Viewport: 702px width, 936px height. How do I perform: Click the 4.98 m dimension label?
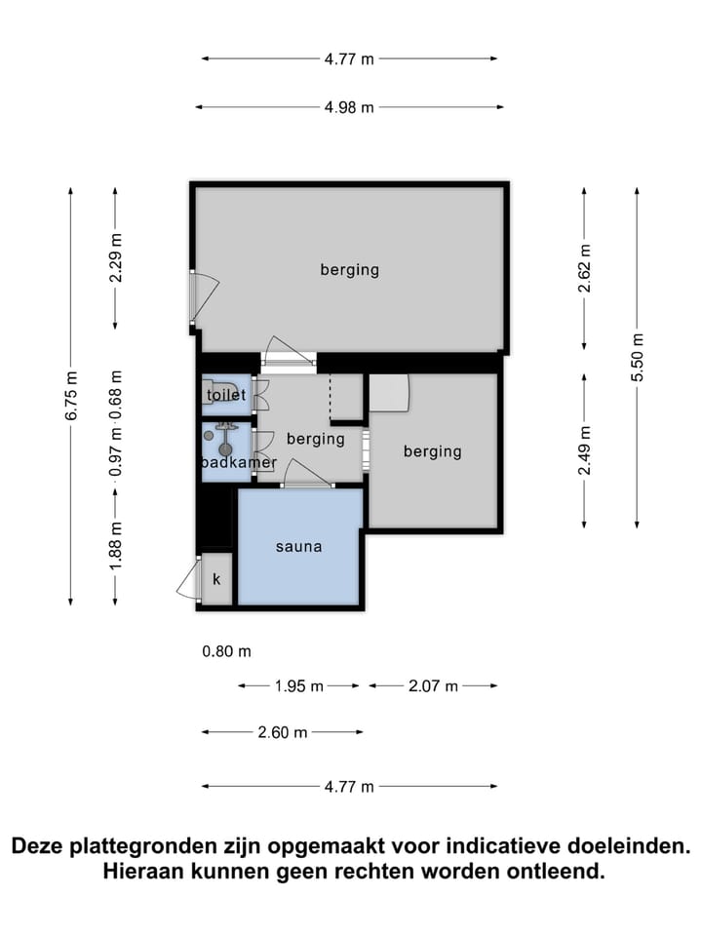pos(349,107)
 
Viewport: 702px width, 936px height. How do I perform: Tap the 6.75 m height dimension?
pos(71,396)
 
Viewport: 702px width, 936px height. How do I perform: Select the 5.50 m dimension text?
pos(638,358)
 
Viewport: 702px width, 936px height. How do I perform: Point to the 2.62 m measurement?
pos(584,268)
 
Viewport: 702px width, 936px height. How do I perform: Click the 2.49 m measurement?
pos(584,450)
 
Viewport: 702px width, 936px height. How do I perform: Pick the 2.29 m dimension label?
pos(115,257)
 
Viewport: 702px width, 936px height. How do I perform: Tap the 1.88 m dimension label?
pos(115,545)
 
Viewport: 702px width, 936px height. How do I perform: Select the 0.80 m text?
pos(227,651)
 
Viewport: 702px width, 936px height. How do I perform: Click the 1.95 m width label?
pos(299,686)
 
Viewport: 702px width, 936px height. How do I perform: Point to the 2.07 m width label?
pos(433,686)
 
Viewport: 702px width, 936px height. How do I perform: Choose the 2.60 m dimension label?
pos(283,732)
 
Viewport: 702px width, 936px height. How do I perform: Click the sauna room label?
pos(299,547)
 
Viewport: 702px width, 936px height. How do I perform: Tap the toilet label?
pos(226,395)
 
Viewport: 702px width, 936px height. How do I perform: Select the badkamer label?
pos(239,462)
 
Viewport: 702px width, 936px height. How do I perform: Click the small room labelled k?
pos(216,578)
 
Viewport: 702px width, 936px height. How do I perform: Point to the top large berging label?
pos(350,270)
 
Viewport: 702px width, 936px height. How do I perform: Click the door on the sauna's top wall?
pos(307,475)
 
